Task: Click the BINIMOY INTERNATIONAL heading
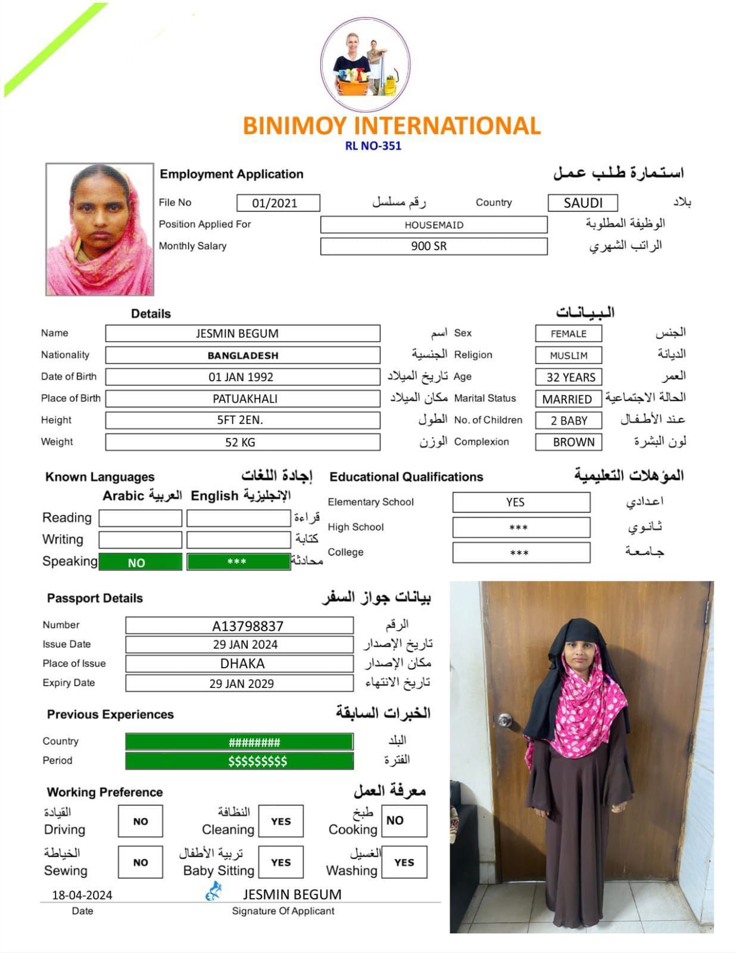click(391, 126)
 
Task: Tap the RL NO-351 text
click(373, 146)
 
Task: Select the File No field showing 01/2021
click(277, 203)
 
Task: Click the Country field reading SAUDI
click(582, 203)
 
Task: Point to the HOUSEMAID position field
click(434, 225)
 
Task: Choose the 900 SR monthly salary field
click(434, 246)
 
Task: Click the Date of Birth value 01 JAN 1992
click(242, 377)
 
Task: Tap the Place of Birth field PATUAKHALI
click(243, 398)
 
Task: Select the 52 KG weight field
click(242, 442)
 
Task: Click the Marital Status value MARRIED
click(567, 399)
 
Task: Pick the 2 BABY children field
click(568, 421)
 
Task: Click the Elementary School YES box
click(520, 502)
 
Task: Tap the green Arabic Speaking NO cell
click(140, 562)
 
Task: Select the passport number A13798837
click(239, 625)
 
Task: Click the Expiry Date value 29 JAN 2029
click(239, 683)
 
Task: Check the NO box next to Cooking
click(404, 821)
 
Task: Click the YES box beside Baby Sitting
click(281, 862)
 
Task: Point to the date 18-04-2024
click(82, 895)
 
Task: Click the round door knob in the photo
click(505, 720)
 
